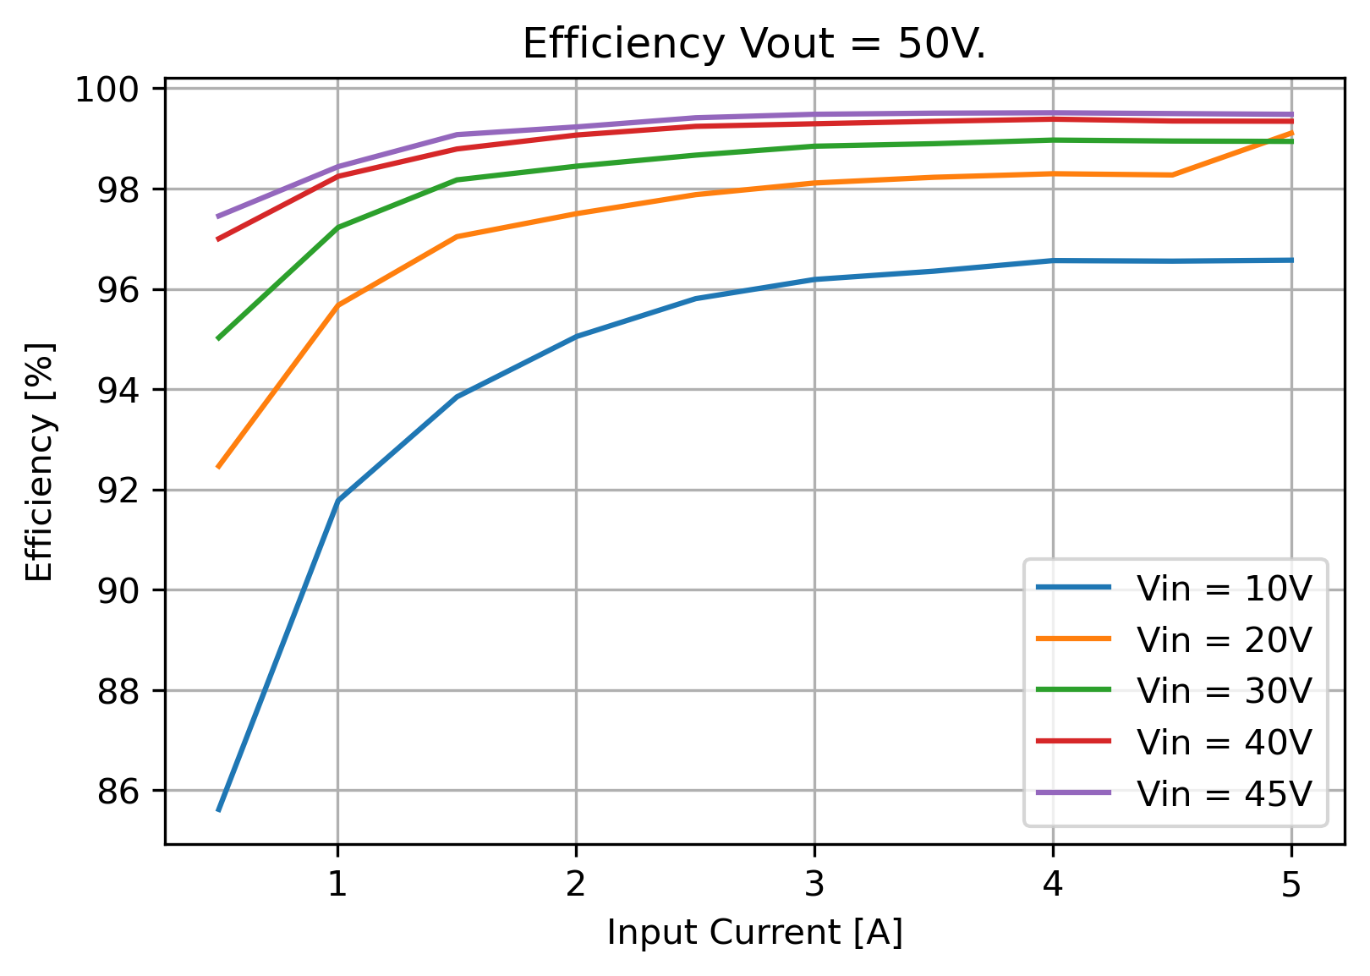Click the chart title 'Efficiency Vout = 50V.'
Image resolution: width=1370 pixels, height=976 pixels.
[754, 45]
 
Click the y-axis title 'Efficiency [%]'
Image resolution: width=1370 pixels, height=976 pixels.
[39, 462]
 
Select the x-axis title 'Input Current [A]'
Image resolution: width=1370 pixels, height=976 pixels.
[754, 933]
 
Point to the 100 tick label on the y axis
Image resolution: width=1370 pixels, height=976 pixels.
[115, 90]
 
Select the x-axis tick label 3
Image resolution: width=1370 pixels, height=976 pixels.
[814, 884]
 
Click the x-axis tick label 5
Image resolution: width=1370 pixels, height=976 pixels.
[1291, 884]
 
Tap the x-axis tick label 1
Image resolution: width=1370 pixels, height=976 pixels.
[337, 884]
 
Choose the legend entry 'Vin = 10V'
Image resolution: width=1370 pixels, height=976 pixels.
[1175, 589]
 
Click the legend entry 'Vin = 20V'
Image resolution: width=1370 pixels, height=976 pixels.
[1175, 639]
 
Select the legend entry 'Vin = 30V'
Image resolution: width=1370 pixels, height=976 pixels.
[1175, 691]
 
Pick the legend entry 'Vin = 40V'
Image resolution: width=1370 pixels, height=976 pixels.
[1175, 742]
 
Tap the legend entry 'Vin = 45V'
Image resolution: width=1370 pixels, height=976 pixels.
[1175, 793]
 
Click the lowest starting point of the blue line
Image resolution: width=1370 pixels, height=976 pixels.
[218, 811]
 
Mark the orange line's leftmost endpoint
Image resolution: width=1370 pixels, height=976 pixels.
[218, 468]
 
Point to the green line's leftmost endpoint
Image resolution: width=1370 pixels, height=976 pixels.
[218, 339]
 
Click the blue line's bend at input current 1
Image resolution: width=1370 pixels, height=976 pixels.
[337, 501]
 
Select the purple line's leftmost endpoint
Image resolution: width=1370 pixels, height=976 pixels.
[218, 217]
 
